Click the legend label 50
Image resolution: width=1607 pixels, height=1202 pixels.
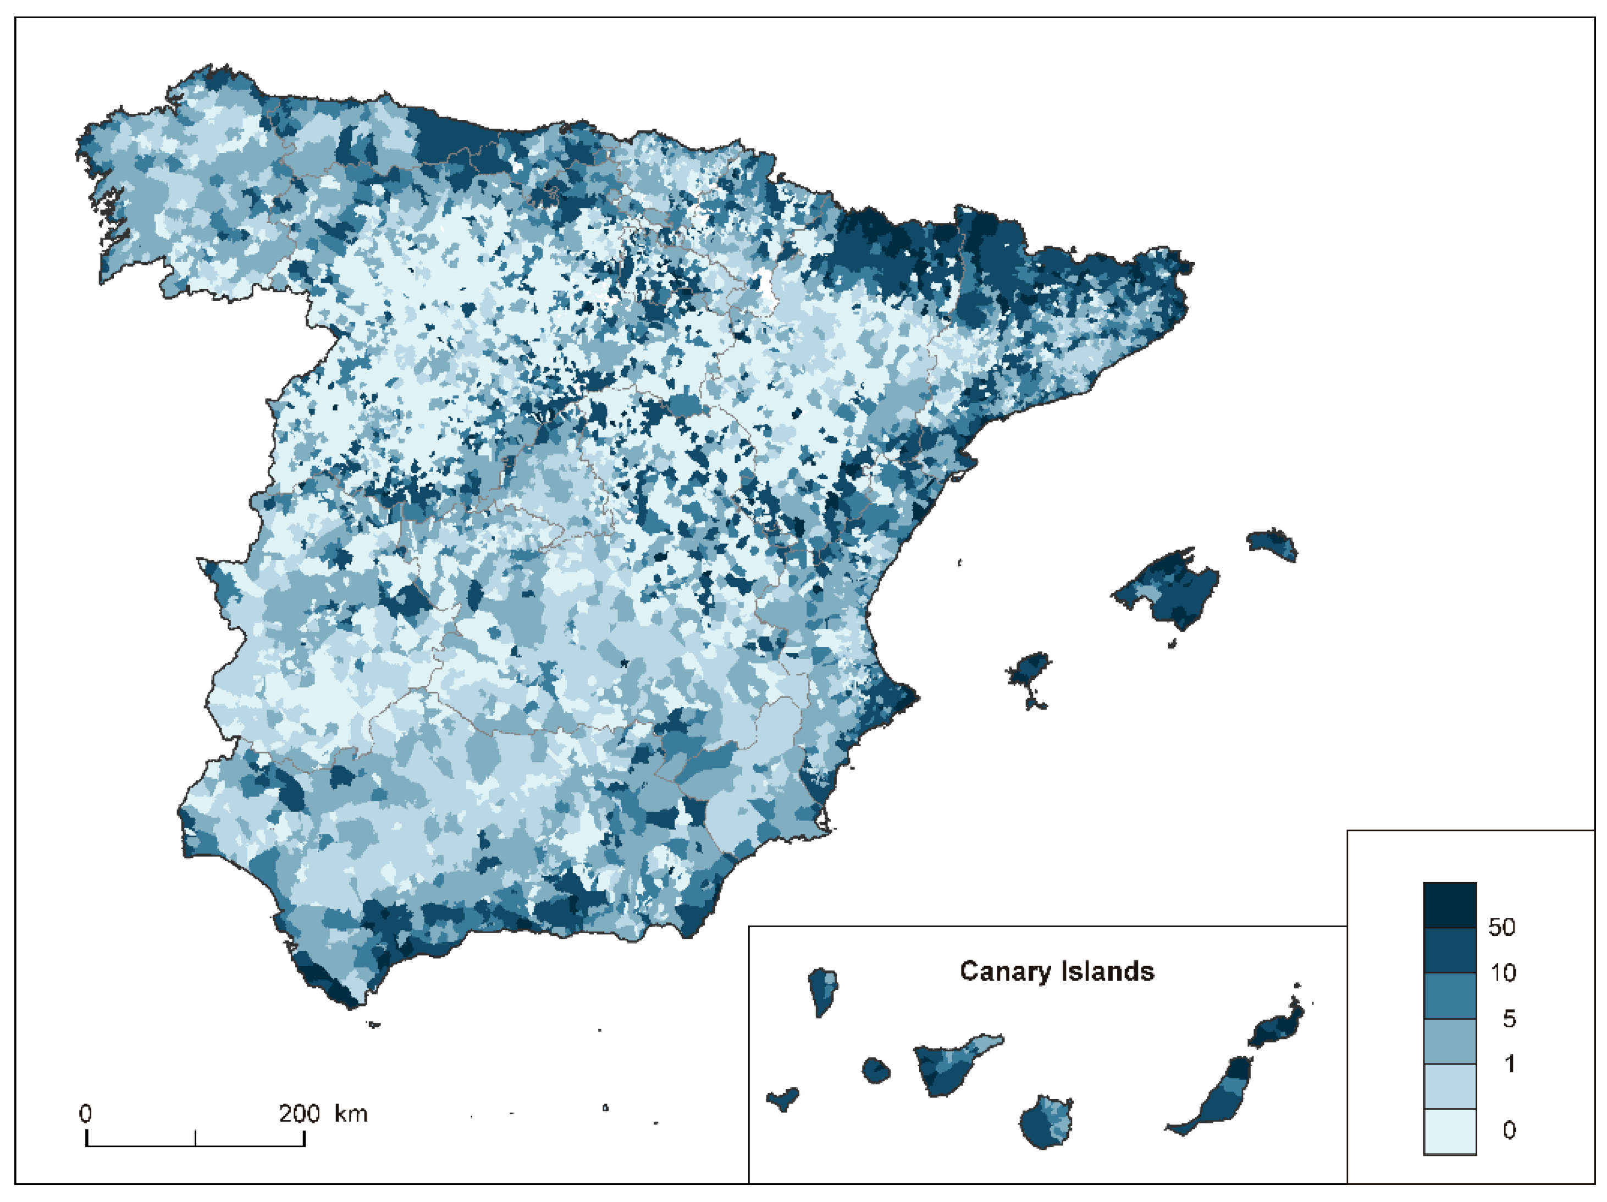pos(1501,927)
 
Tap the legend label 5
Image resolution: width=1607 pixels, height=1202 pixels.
pos(1509,1019)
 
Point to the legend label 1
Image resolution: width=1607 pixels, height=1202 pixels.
pos(1510,1064)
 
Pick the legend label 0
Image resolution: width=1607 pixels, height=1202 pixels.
pos(1509,1130)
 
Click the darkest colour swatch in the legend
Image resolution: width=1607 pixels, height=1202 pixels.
pos(1449,905)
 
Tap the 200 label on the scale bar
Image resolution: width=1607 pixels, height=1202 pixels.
pos(299,1114)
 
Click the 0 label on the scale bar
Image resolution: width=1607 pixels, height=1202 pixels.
pos(86,1114)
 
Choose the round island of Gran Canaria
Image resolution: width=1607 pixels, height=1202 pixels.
pos(1046,1123)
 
